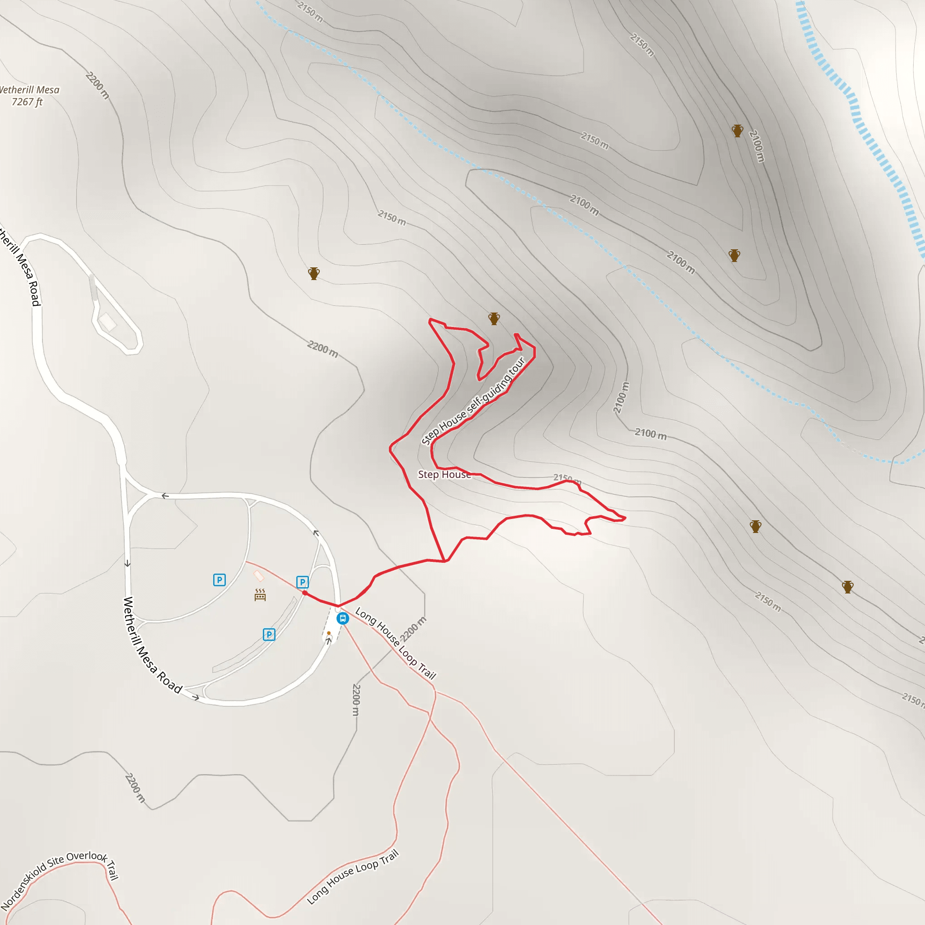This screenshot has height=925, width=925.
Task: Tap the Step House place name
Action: tap(444, 475)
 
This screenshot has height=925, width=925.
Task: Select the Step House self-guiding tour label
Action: tap(473, 401)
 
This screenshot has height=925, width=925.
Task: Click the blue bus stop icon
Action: tap(343, 618)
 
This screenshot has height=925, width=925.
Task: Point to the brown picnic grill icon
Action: tap(260, 595)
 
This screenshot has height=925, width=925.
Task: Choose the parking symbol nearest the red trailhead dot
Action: tap(302, 582)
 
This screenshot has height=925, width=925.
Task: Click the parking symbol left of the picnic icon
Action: tap(219, 580)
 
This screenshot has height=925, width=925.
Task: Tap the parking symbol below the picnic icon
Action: tap(269, 635)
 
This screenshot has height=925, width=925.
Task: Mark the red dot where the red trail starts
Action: tap(305, 593)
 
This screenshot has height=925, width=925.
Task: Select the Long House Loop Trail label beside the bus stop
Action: tap(396, 644)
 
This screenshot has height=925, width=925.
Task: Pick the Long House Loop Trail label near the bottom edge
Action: tap(353, 877)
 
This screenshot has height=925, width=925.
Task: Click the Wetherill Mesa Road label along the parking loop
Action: tap(152, 645)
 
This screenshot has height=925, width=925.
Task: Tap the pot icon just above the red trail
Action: tap(494, 318)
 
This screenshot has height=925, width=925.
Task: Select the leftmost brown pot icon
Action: tap(313, 273)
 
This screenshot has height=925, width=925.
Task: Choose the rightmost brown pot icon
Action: tap(848, 587)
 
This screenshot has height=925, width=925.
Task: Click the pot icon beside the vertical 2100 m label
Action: tap(737, 131)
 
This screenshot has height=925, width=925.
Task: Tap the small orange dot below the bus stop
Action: tap(329, 633)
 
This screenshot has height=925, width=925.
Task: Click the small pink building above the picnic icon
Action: tap(258, 575)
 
